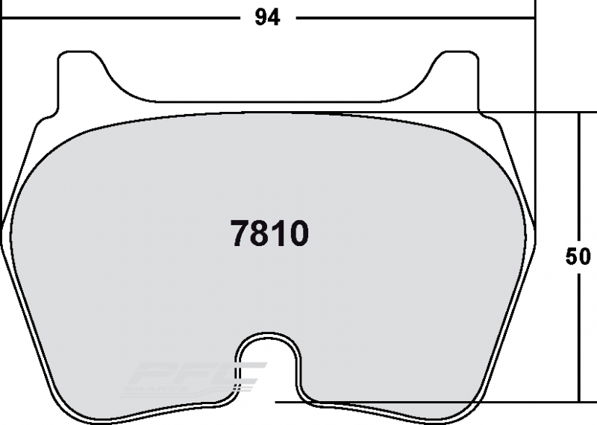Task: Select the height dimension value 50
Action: (x=578, y=256)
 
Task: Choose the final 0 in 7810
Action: (x=297, y=235)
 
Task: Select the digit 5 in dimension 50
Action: (x=572, y=256)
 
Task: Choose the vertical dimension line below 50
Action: (x=579, y=336)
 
